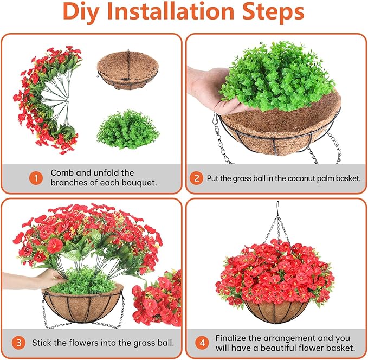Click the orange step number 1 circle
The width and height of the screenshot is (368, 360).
tap(36, 177)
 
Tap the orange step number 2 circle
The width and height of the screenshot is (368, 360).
tap(197, 177)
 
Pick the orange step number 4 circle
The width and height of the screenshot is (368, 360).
tap(202, 342)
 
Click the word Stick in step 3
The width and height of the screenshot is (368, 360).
tap(42, 343)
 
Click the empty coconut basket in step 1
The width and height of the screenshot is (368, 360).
tap(127, 70)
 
